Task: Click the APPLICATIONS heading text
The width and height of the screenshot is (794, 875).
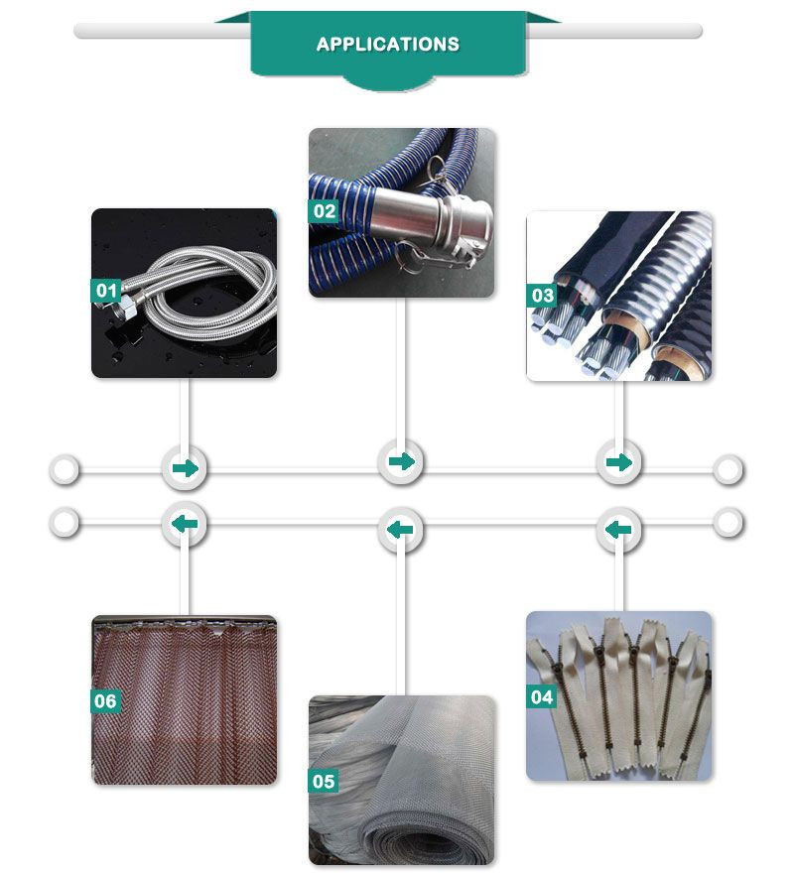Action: pos(387,44)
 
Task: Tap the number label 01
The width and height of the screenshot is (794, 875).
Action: pos(106,290)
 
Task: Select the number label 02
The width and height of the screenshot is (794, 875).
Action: pos(324,211)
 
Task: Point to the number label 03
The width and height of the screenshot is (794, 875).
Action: pos(542,296)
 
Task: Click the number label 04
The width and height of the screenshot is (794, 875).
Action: pos(542,696)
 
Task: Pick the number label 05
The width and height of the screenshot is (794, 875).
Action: pos(324,781)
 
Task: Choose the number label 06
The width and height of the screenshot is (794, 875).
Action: pos(105,700)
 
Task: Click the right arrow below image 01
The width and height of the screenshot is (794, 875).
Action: pos(186,467)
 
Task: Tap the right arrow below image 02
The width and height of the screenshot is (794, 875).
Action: pos(402,461)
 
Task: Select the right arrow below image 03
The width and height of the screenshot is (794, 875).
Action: pos(619,462)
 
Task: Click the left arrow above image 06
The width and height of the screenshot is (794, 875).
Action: pos(185,524)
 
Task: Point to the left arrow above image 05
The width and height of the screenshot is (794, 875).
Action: pos(400,530)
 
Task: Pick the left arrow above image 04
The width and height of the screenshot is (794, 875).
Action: pos(618,530)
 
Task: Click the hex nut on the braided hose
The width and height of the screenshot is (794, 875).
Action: pos(126,308)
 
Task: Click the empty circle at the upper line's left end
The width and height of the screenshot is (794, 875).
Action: pos(65,469)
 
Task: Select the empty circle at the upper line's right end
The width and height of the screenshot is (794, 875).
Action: pos(728,469)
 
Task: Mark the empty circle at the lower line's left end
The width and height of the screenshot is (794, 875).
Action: pos(65,523)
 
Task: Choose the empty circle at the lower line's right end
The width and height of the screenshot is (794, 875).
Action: pos(728,523)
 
